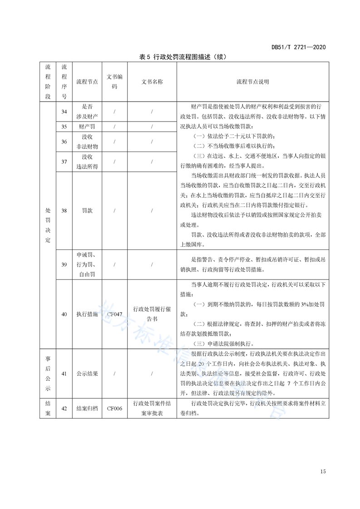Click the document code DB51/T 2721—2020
click(298, 47)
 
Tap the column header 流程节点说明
click(252, 82)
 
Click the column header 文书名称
click(152, 82)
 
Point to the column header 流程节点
click(87, 82)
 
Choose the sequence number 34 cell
click(64, 112)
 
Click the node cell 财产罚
click(87, 126)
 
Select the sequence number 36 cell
click(64, 142)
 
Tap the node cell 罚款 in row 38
click(87, 211)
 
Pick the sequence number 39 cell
click(64, 264)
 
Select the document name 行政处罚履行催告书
click(152, 313)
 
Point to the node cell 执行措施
click(87, 313)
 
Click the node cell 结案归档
click(87, 408)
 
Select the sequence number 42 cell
click(64, 408)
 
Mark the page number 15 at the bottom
click(323, 471)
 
